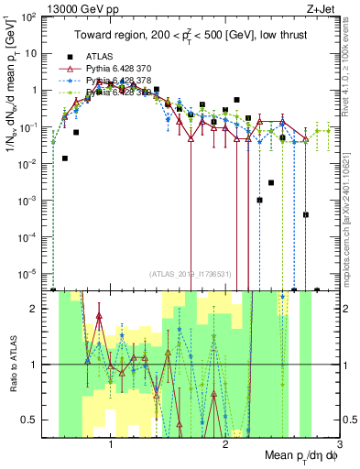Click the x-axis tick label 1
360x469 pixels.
(x=111, y=443)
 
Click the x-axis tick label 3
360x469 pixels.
(x=338, y=443)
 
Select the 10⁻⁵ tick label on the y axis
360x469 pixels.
(x=29, y=272)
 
